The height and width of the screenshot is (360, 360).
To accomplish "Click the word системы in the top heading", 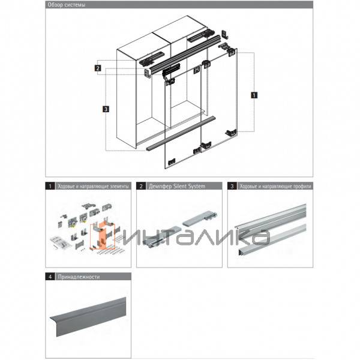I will click(75, 5).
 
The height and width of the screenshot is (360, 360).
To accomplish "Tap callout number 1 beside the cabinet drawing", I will click(254, 95).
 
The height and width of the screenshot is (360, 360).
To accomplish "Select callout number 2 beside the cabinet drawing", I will click(97, 68).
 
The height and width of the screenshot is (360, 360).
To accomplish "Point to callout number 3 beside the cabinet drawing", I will click(106, 109).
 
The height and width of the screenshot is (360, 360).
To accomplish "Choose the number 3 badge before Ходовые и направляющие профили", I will click(232, 187).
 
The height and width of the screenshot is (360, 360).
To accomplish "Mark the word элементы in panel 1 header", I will click(116, 187).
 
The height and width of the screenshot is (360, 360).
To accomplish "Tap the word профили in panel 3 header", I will click(294, 187).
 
